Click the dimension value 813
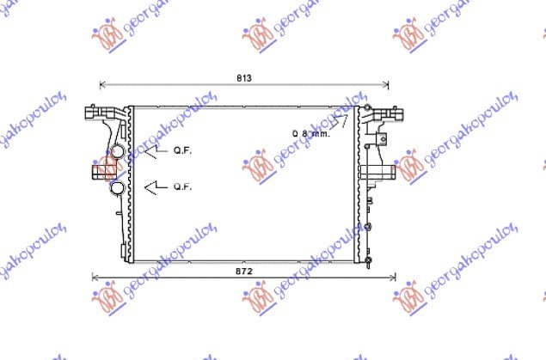point(244,78)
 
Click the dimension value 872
point(244,272)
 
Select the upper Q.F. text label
point(182,149)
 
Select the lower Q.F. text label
point(182,186)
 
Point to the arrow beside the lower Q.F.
point(153,186)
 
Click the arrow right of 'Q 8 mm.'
point(340,122)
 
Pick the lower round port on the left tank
point(114,186)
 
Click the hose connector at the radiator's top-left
point(95,113)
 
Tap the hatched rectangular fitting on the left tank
point(97,171)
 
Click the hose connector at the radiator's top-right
point(377,113)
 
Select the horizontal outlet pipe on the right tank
point(381,173)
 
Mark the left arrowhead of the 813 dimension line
point(103,84)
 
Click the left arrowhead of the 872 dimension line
point(95,278)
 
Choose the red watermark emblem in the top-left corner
point(107,36)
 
